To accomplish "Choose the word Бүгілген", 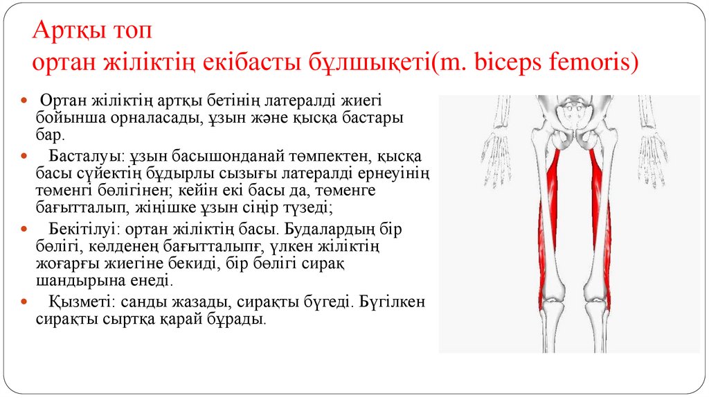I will pyautogui.click(x=393, y=302).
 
